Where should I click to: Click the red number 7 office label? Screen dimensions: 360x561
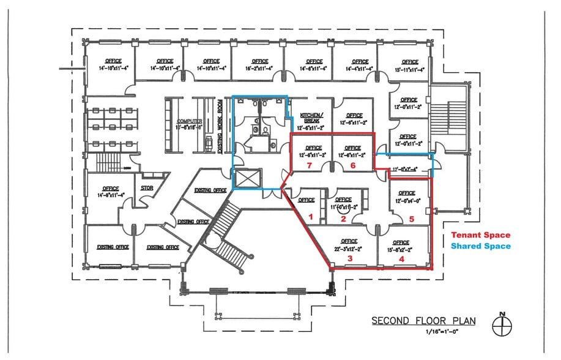pos(311,165)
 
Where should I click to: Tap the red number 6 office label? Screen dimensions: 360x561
pos(352,165)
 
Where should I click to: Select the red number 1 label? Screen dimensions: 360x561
pos(310,217)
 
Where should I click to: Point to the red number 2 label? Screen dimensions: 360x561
pos(343,219)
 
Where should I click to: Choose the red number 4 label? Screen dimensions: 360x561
pos(402,259)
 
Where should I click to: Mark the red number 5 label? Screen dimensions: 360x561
pos(412,219)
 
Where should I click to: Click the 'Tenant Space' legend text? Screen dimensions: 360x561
pos(480,235)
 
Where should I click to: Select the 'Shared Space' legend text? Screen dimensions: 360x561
pos(480,246)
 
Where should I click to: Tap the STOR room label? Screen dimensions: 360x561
pos(147,189)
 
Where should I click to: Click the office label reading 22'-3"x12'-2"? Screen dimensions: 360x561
pos(349,245)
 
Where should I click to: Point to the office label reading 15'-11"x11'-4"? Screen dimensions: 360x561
pos(410,66)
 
